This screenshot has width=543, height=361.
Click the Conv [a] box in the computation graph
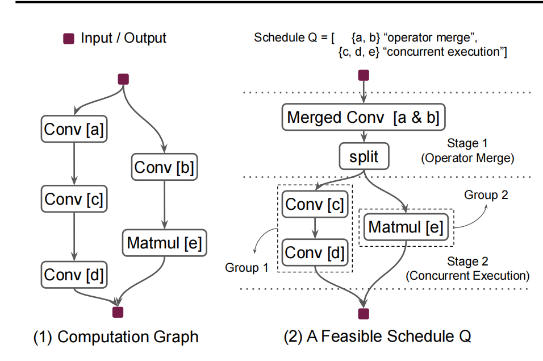[74, 130]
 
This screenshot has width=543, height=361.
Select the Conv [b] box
[164, 168]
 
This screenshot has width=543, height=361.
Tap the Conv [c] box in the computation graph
[74, 199]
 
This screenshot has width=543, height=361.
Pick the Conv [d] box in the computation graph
[74, 275]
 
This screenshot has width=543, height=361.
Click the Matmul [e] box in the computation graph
[164, 243]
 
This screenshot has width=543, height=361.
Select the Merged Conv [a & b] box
[364, 118]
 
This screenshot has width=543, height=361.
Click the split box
[364, 156]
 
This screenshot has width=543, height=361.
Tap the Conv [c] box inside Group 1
[314, 205]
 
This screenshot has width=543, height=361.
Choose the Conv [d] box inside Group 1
[314, 252]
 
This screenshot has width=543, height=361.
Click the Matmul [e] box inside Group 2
[406, 227]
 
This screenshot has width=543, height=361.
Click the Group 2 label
[486, 195]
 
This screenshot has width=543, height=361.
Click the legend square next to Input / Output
[69, 39]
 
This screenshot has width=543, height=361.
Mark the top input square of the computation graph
[122, 79]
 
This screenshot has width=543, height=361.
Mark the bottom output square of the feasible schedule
[364, 313]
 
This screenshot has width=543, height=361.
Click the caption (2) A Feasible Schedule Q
[377, 337]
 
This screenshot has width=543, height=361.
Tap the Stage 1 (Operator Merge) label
[467, 151]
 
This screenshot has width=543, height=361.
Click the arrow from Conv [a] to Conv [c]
[74, 165]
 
